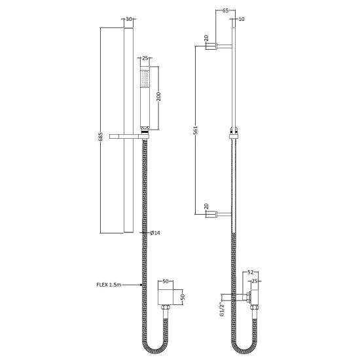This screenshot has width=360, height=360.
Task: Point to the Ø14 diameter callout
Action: [x=155, y=233]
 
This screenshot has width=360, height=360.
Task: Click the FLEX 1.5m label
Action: [x=109, y=285]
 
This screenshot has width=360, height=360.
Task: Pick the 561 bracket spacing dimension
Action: [x=195, y=130]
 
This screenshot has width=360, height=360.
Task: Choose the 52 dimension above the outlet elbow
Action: [x=251, y=274]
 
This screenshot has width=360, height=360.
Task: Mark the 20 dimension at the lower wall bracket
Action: [x=207, y=207]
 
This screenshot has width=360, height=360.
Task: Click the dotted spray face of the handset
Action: [x=144, y=82]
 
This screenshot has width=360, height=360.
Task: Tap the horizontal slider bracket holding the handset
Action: [x=131, y=135]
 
